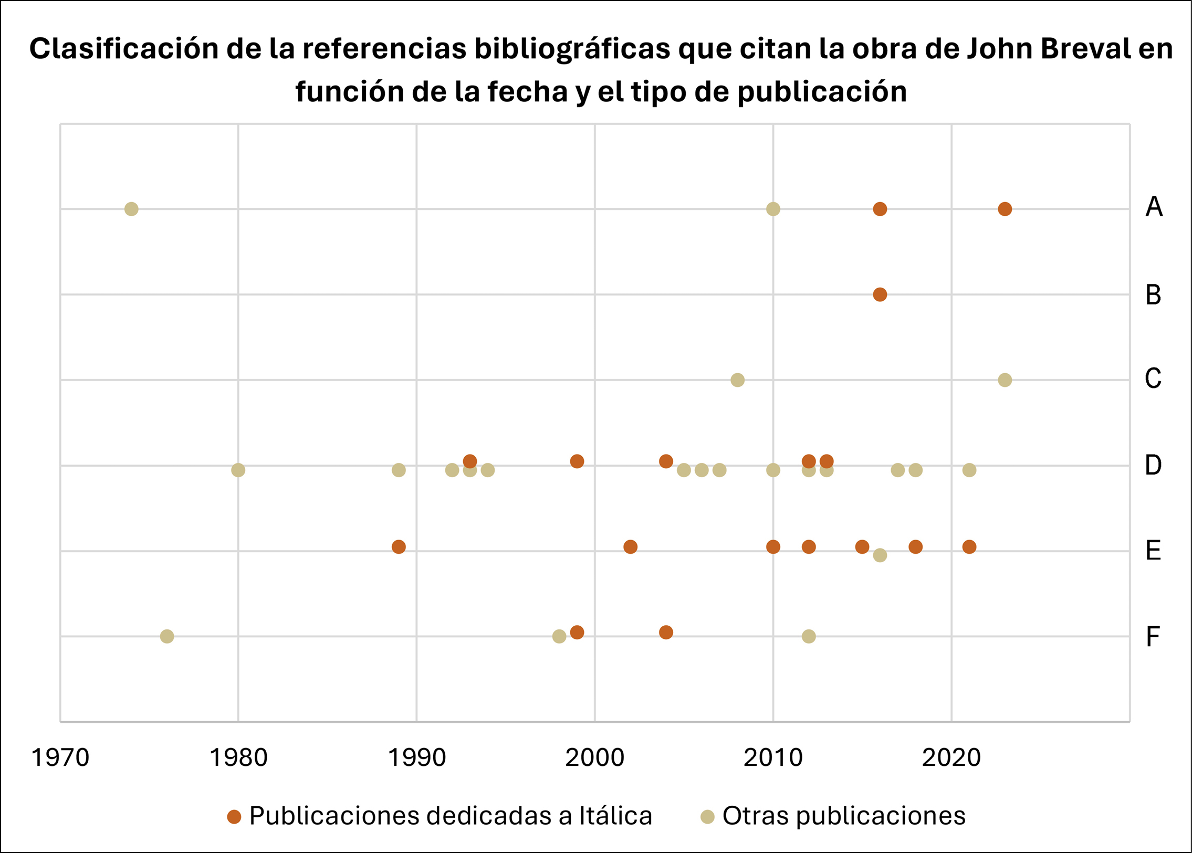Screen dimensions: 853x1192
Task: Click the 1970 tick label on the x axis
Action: tap(60, 758)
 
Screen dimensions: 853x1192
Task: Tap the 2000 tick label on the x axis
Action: tap(594, 758)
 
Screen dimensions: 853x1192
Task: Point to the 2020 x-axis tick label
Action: tap(951, 758)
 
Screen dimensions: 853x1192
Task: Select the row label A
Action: tap(1154, 207)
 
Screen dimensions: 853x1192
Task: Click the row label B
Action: tap(1153, 294)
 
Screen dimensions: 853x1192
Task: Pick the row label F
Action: tap(1153, 637)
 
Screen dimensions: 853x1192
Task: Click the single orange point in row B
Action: tap(880, 294)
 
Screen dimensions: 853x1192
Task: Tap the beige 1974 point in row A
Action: tap(131, 209)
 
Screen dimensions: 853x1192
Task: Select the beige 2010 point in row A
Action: tap(773, 209)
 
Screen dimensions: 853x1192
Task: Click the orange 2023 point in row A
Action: tap(1005, 209)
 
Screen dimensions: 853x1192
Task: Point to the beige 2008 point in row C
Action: tap(738, 380)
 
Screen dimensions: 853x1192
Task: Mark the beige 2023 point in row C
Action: tap(1005, 380)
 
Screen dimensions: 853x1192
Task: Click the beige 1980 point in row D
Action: tap(238, 470)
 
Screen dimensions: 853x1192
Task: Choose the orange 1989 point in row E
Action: tap(399, 547)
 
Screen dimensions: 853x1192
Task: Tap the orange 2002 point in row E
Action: tap(631, 547)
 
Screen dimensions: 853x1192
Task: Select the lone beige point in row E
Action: tap(880, 555)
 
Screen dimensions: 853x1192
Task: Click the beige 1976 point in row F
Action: tap(167, 637)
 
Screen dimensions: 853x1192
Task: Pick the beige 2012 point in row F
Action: tap(809, 637)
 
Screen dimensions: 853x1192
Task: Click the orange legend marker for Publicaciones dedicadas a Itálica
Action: tap(234, 817)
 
